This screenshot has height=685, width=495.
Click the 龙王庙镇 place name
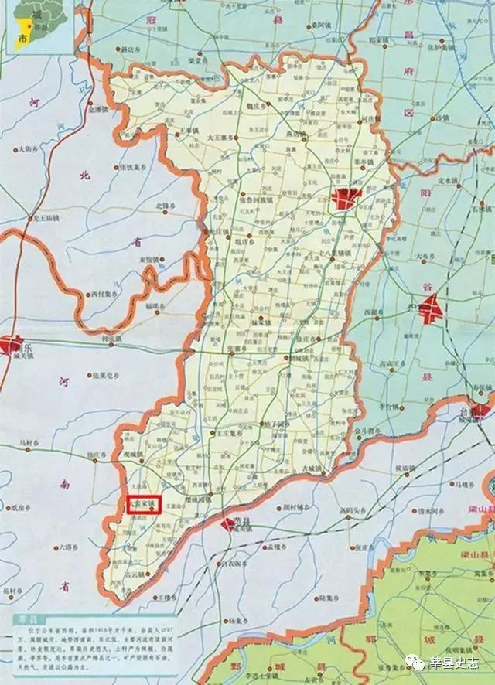pos(49,219)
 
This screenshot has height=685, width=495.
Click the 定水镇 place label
pos(449,181)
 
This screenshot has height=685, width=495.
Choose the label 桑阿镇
pos(316,25)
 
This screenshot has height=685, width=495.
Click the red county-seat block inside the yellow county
pos(346,197)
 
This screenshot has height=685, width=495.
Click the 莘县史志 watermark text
pos(456,663)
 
